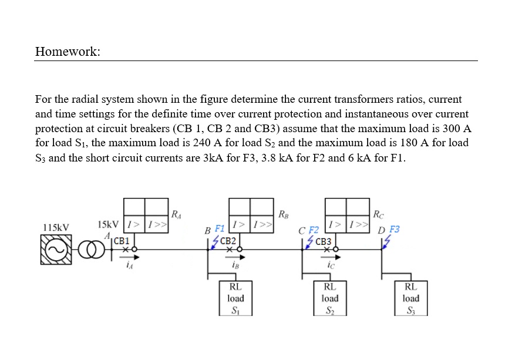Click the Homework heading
(x=68, y=52)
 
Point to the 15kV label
(x=108, y=224)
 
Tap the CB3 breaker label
(x=323, y=241)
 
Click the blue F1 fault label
(x=220, y=228)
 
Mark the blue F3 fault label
(x=395, y=229)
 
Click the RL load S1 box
(x=235, y=298)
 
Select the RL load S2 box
(x=330, y=298)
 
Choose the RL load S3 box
(x=410, y=298)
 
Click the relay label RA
(x=176, y=213)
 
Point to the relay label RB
(x=282, y=213)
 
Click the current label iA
(x=129, y=265)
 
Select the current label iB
(x=235, y=265)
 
